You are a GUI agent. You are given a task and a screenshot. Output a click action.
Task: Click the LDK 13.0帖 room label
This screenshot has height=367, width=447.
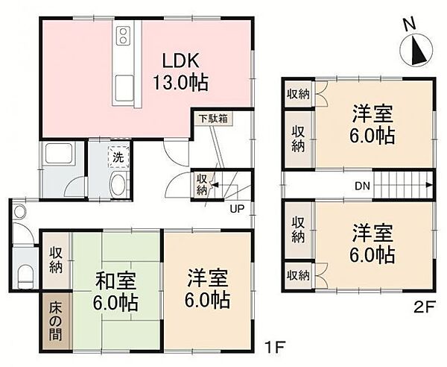pos(180,72)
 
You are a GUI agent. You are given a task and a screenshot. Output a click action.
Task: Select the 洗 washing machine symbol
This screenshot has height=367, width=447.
pos(118,157)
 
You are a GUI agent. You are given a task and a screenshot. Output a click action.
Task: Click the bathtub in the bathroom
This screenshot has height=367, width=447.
pos(59,154)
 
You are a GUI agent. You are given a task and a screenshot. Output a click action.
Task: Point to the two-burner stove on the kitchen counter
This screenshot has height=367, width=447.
pos(123,35)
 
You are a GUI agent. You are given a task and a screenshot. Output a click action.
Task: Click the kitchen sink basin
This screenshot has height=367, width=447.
pos(124,89)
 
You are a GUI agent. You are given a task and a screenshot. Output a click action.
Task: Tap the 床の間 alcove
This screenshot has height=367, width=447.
pos(56,321)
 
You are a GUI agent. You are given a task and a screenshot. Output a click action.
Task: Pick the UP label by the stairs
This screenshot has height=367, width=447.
pos(237,209)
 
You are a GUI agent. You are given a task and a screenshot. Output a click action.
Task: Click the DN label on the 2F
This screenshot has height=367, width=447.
pos(362,186)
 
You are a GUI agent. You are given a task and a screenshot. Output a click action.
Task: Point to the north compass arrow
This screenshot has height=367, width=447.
pos(419,51)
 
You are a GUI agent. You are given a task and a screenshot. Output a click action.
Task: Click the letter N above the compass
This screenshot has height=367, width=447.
pos(409,25)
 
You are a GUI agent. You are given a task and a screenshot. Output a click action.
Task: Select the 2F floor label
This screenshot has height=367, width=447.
pos(424,307)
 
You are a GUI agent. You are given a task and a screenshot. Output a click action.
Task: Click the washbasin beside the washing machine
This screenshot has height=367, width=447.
pos(117,183)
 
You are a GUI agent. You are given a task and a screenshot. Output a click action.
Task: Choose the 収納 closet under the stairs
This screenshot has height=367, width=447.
pos(202,185)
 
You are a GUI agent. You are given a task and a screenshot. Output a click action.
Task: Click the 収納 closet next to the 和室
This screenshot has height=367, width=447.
pos(56,260)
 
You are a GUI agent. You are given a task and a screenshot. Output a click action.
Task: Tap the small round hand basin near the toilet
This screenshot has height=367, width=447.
pos(20,212)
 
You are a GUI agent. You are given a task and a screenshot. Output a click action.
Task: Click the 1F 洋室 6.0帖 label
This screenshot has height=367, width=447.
pos(207,289)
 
